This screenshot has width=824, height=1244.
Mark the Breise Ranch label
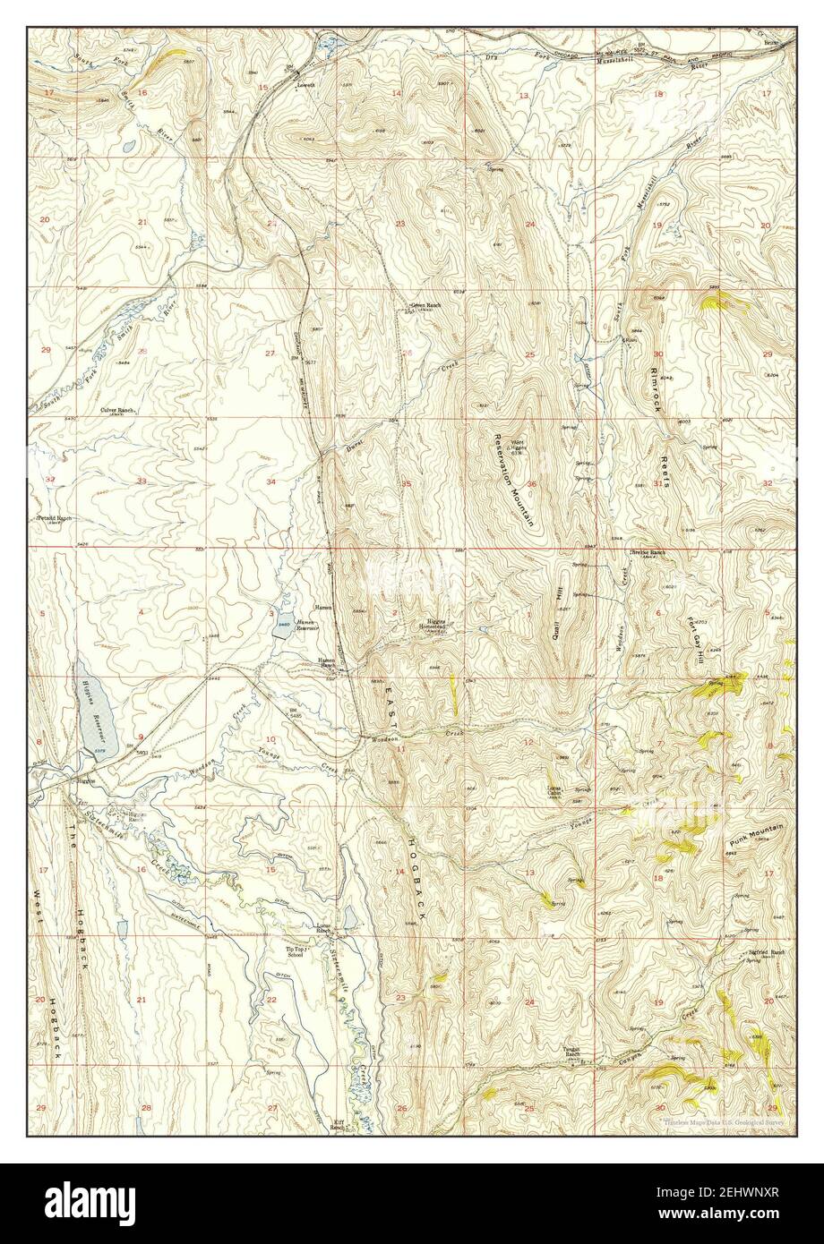pos(649,552)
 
